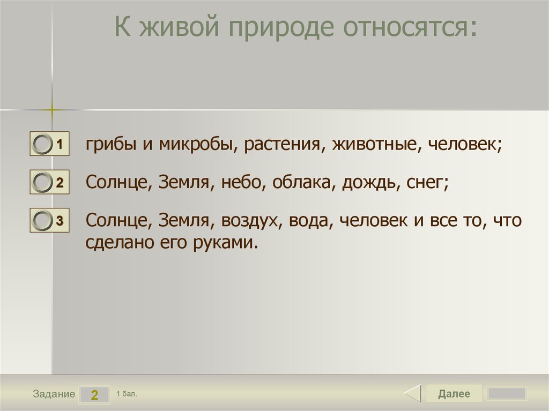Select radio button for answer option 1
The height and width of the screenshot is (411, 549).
42,145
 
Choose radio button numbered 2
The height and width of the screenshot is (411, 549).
42,183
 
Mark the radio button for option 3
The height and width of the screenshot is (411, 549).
42,220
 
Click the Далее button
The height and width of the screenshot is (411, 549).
454,394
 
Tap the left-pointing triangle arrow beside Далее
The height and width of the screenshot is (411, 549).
412,394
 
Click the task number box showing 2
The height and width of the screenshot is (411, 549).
94,395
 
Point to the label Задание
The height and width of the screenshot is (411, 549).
54,394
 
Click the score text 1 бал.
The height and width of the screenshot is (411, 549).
127,394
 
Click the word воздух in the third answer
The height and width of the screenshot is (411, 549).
251,221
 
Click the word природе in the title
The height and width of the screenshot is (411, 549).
279,28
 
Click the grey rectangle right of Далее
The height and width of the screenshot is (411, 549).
507,394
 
